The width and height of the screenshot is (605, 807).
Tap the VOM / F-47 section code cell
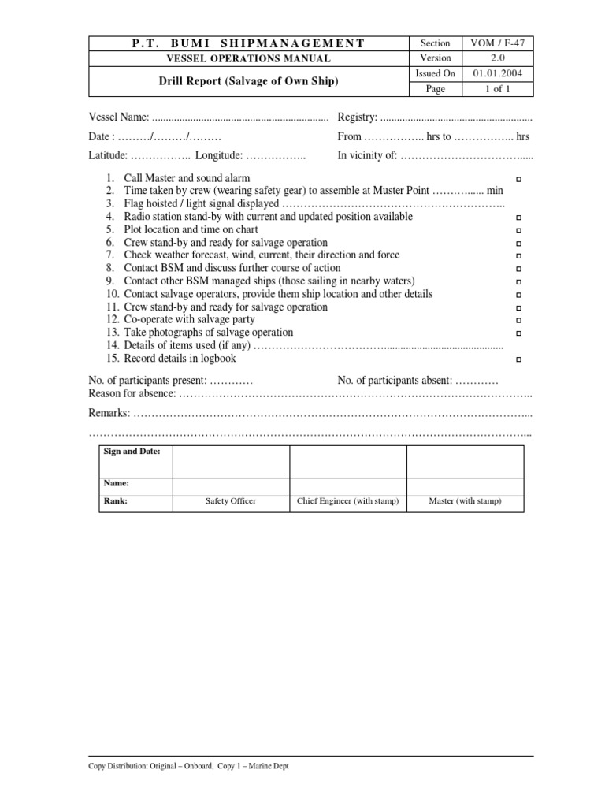[497, 43]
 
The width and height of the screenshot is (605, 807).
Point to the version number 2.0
[497, 58]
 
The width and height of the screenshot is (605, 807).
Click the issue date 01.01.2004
[497, 73]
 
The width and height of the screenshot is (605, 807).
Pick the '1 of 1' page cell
[497, 89]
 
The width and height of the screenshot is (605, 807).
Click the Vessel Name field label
[118, 117]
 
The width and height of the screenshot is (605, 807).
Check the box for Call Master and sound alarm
[518, 180]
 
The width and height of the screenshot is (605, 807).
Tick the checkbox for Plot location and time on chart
[518, 230]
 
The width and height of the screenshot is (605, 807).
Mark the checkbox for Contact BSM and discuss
[518, 269]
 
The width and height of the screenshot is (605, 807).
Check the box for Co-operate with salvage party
[518, 320]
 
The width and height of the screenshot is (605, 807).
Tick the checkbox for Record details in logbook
[518, 359]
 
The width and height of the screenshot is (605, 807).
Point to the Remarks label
[109, 413]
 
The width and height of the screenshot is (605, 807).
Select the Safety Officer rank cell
[231, 501]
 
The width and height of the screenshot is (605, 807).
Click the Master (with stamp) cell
[465, 501]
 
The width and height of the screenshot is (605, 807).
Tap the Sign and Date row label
[132, 452]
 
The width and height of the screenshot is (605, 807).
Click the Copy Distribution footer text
[188, 766]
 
